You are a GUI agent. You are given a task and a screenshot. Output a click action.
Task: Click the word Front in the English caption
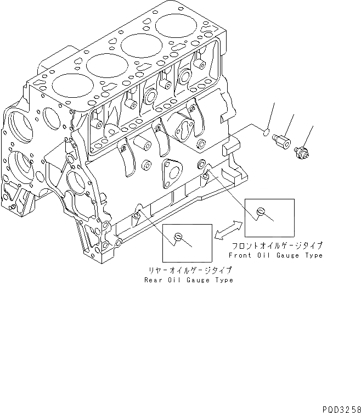239,255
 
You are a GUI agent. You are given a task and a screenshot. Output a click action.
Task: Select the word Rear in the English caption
153,280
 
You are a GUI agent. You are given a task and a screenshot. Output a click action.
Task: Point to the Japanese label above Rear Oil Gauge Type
188,270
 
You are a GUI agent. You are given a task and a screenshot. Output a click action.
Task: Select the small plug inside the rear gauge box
177,237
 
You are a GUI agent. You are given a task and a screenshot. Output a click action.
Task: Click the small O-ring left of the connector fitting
266,132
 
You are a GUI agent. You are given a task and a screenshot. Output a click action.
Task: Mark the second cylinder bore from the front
104,65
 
